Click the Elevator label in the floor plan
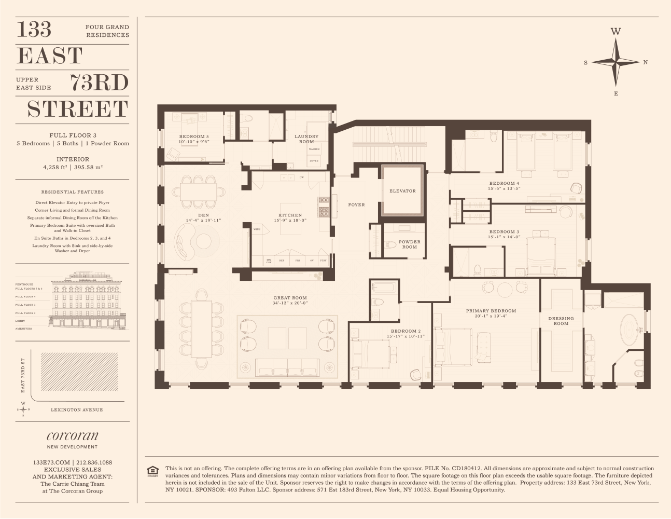click(x=402, y=191)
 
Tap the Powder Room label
click(x=409, y=244)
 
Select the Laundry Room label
click(x=306, y=139)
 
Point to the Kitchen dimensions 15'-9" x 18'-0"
click(x=290, y=221)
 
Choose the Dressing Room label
click(x=561, y=321)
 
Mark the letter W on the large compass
click(x=616, y=31)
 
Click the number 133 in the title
click(x=35, y=30)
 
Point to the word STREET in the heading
click(x=77, y=109)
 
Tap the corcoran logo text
click(x=72, y=436)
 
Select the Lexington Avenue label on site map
click(x=77, y=409)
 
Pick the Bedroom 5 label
click(x=193, y=136)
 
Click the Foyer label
click(x=356, y=205)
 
